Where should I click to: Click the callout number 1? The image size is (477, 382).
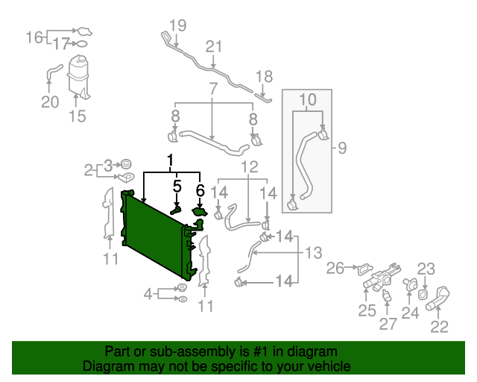click(x=171, y=160)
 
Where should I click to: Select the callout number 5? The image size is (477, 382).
click(x=177, y=187)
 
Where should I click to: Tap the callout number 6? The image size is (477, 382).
click(x=200, y=191)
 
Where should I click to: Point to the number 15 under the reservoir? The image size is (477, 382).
click(x=78, y=116)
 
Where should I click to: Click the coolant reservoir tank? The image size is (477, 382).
click(x=78, y=75)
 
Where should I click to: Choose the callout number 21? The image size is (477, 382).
click(x=215, y=47)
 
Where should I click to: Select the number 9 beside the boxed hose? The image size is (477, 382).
click(x=342, y=148)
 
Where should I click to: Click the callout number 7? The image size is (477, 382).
click(x=213, y=89)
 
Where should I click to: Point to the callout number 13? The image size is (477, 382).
click(x=313, y=251)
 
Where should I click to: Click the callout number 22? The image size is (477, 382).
click(x=440, y=325)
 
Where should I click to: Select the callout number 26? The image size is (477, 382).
click(x=336, y=267)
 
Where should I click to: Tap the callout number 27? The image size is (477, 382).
click(x=388, y=324)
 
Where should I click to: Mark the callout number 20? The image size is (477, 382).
click(x=50, y=101)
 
